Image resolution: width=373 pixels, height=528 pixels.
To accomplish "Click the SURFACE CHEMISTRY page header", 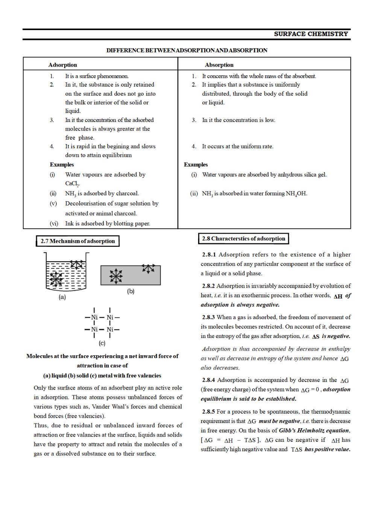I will [311, 34].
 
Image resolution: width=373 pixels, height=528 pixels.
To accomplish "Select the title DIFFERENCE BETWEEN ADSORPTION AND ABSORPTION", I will [186, 50].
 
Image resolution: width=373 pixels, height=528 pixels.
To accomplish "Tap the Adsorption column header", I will [62, 65].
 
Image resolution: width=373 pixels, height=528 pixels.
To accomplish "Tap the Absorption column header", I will [219, 65].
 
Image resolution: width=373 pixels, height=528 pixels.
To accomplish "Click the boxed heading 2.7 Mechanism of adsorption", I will [77, 241].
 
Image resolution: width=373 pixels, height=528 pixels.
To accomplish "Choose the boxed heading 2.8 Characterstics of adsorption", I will [243, 239].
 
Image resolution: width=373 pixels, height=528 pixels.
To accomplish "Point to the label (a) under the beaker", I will [62, 297].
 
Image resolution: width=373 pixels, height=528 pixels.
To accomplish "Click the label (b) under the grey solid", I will [130, 291].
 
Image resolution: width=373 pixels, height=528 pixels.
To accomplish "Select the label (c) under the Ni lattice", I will [102, 343].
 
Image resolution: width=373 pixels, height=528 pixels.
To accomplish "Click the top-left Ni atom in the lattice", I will [94, 318].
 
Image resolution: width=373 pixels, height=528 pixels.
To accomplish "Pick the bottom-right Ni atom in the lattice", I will [110, 330].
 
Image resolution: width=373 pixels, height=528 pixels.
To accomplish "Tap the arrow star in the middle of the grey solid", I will [116, 276].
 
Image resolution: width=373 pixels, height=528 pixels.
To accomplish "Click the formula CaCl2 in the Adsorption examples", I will [72, 184].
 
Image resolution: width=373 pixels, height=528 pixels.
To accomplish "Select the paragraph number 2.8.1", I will [209, 255].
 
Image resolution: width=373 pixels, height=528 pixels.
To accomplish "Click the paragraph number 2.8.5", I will [209, 412].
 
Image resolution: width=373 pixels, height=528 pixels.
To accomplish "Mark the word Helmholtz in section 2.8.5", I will [311, 431].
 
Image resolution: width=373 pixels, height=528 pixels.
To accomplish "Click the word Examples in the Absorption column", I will [196, 164].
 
